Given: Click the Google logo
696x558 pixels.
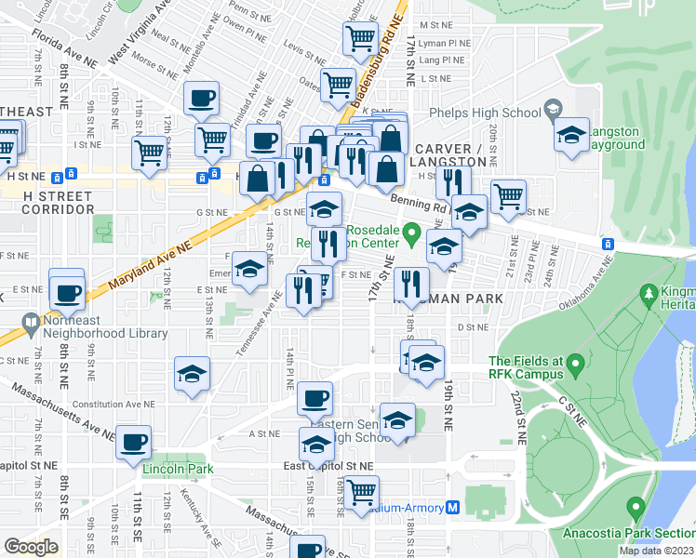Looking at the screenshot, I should [31, 547].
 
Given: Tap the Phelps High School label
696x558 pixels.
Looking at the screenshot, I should [485, 113].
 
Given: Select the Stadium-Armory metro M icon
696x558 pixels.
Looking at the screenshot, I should [453, 508].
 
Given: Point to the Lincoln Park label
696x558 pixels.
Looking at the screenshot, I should [178, 469].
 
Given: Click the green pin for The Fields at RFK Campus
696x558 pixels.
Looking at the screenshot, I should [578, 364].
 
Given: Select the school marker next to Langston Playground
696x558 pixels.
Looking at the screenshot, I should [572, 135].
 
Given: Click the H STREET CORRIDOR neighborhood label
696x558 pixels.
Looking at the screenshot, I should [51, 204].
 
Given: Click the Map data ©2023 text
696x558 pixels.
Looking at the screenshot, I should [656, 550].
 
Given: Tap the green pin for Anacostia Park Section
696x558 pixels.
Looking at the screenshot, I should [636, 508].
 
